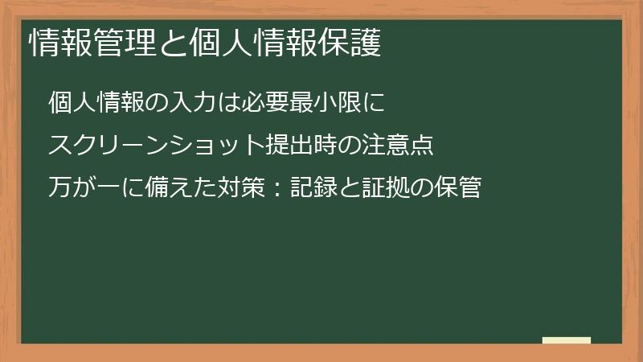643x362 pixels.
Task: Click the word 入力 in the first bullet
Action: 193,104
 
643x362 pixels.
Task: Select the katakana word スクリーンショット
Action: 156,146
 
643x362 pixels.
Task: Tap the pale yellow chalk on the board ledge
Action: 567,340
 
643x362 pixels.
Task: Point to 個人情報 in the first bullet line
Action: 96,104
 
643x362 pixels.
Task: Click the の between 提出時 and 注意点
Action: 350,146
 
